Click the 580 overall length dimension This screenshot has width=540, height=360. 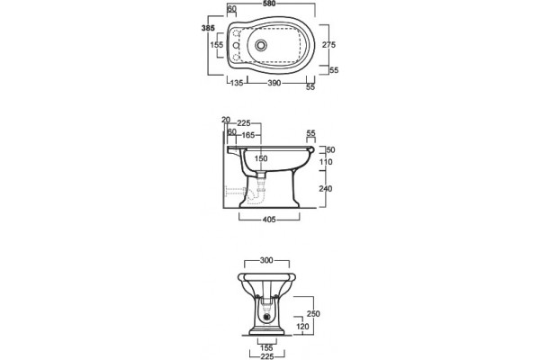click(269, 4)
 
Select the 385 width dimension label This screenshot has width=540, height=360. click(208, 28)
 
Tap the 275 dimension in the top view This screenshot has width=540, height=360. click(328, 44)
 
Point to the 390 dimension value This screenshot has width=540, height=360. click(274, 83)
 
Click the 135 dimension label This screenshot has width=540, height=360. click(237, 83)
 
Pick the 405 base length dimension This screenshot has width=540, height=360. click(269, 220)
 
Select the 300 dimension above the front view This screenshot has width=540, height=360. click(266, 260)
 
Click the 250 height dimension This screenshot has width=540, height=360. click(313, 314)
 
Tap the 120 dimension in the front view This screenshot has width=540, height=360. click(302, 326)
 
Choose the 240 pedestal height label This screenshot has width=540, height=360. click(326, 189)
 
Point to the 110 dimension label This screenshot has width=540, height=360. click(326, 162)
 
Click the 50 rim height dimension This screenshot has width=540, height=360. click(330, 150)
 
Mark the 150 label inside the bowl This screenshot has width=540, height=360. click(261, 158)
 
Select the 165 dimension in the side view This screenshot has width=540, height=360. click(248, 135)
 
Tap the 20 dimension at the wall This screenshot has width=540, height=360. click(226, 120)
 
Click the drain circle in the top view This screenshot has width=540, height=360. click(261, 45)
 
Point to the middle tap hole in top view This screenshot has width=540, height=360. click(236, 45)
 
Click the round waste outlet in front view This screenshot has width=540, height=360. click(266, 317)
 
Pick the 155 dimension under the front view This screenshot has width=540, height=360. click(266, 348)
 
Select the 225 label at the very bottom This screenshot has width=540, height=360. click(267, 357)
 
